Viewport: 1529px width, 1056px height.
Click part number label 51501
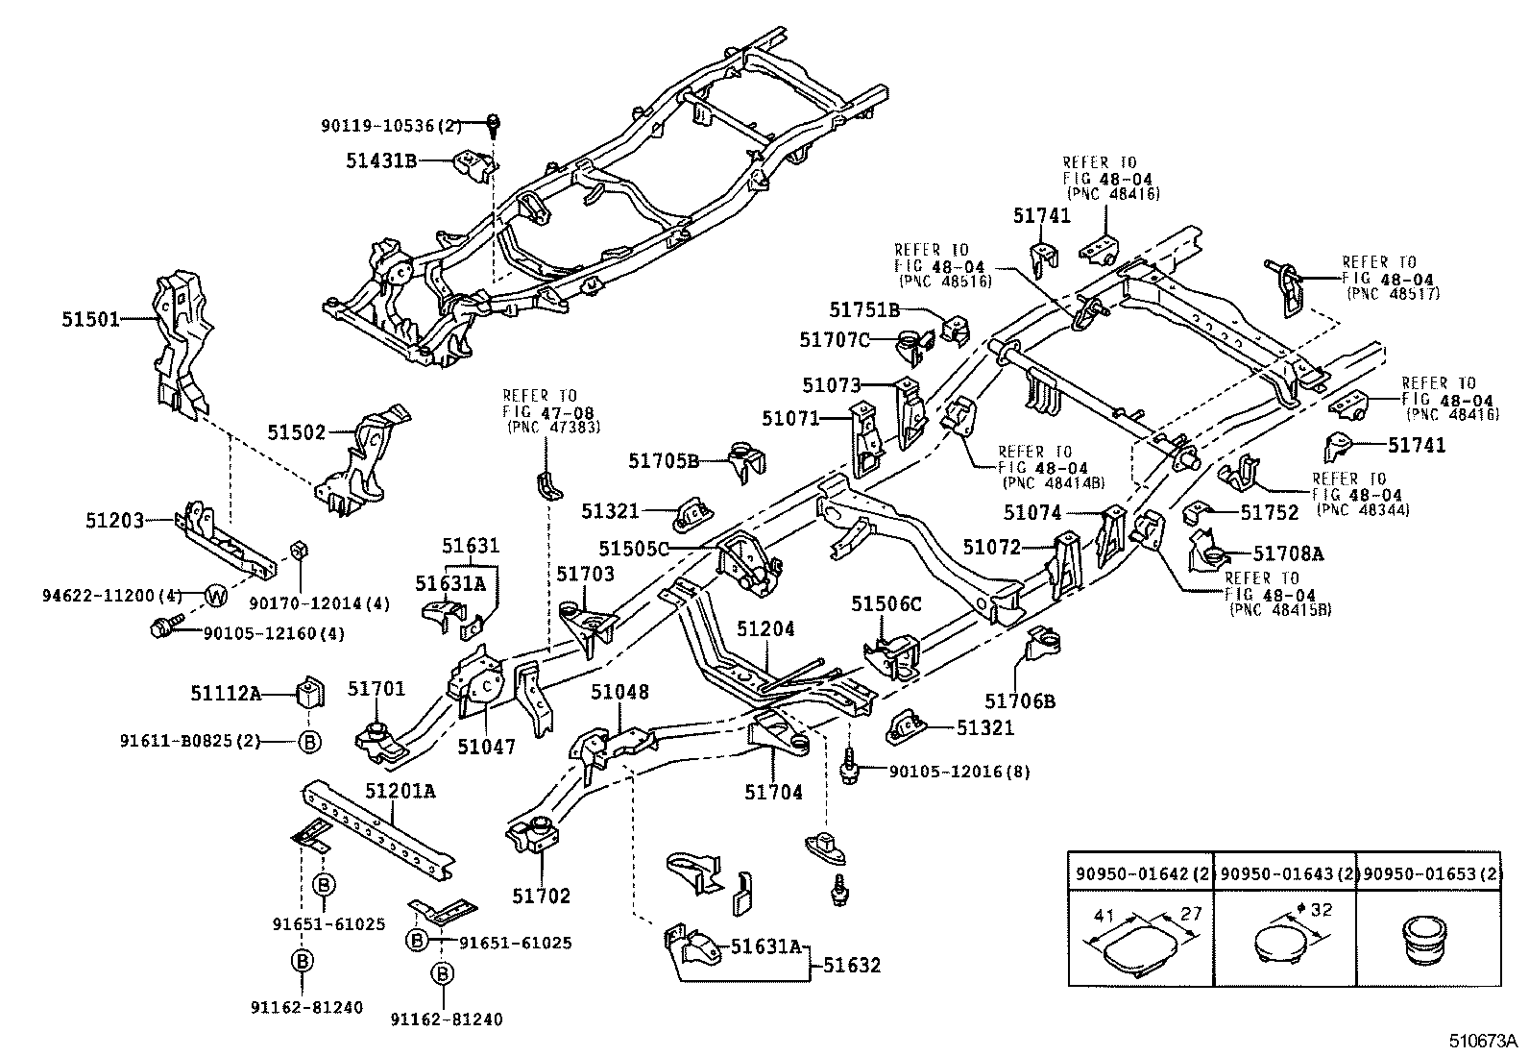pyautogui.click(x=91, y=319)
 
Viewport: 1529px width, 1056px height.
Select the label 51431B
pyautogui.click(x=381, y=160)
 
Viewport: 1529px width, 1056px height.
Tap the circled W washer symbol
pyautogui.click(x=218, y=596)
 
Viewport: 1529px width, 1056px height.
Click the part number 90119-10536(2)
pyautogui.click(x=392, y=125)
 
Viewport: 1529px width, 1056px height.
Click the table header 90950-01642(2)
pyautogui.click(x=1140, y=873)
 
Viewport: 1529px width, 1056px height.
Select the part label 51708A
pyautogui.click(x=1288, y=553)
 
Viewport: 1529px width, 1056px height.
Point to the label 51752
pyautogui.click(x=1269, y=513)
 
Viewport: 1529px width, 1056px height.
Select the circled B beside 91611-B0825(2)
pyautogui.click(x=308, y=741)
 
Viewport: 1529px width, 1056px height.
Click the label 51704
pyautogui.click(x=773, y=793)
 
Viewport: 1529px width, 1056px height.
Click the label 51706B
pyautogui.click(x=1019, y=701)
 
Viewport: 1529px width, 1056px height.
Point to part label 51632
pyautogui.click(x=851, y=964)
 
